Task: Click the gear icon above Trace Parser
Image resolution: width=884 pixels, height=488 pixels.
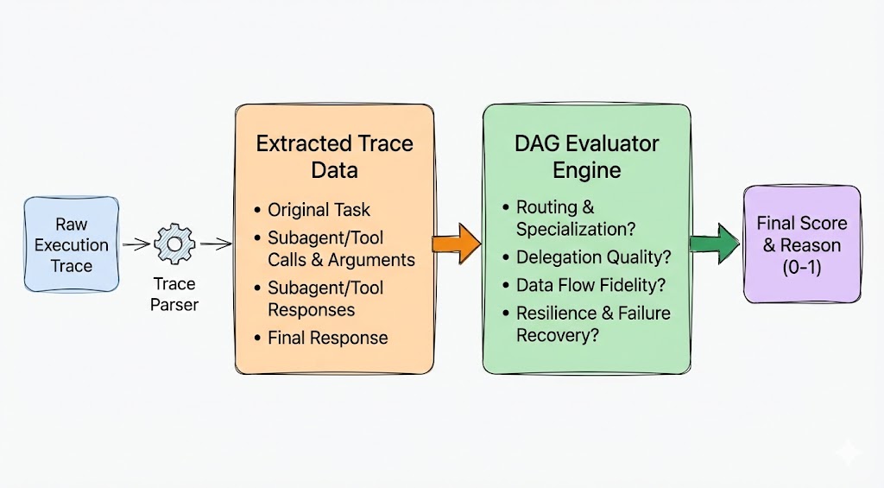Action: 175,245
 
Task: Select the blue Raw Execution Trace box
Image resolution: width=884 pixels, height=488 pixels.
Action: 71,244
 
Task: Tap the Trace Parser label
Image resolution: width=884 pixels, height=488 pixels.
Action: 175,294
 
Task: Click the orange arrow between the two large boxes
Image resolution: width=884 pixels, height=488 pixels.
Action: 456,244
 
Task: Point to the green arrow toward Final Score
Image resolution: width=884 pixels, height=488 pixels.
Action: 715,244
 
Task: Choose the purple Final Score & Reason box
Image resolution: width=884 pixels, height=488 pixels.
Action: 802,244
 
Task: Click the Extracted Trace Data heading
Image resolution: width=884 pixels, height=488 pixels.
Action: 334,155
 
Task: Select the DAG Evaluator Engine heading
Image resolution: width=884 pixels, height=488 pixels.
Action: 586,155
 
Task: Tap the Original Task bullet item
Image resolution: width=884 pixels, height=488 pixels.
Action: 319,210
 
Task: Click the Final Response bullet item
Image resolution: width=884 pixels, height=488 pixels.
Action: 327,338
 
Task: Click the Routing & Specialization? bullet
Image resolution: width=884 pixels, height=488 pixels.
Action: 573,218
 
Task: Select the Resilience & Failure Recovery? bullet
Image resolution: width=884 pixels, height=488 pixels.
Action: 593,324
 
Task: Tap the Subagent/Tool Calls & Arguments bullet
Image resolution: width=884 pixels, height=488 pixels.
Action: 340,249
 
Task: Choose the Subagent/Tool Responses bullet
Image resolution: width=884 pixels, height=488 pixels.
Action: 325,299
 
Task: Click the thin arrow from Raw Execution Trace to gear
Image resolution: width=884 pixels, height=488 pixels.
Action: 136,245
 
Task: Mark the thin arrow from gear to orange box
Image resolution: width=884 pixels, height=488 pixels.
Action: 215,245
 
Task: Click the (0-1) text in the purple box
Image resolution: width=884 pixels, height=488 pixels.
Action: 802,267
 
